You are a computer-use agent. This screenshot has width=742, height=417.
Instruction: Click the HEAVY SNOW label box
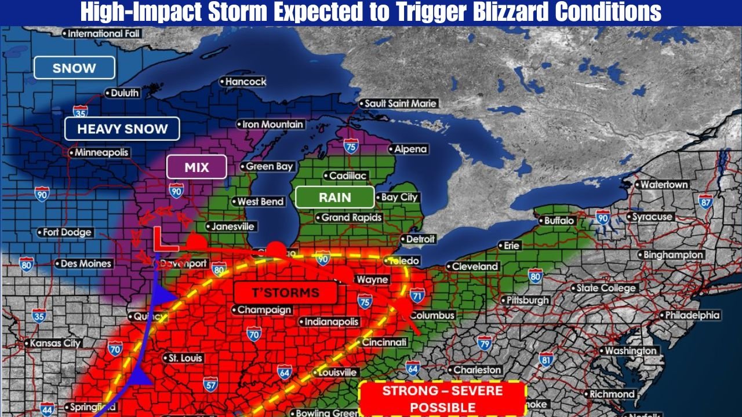click(122, 129)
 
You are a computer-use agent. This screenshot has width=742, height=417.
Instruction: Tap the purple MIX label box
click(196, 167)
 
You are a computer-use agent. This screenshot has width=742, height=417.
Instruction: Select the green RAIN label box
click(334, 197)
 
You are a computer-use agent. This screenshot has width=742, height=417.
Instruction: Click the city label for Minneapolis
click(99, 153)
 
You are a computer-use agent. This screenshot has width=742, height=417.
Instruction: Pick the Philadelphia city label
click(692, 316)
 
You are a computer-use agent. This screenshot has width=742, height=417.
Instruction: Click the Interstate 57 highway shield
click(210, 383)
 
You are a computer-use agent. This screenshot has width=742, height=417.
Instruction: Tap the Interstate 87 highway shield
click(705, 202)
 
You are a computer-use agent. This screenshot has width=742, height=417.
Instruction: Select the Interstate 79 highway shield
click(485, 344)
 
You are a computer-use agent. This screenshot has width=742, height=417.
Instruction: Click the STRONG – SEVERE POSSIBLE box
click(443, 398)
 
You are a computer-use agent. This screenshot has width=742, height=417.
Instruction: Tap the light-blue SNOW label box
click(74, 68)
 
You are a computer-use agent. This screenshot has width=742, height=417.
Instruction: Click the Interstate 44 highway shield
click(48, 408)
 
